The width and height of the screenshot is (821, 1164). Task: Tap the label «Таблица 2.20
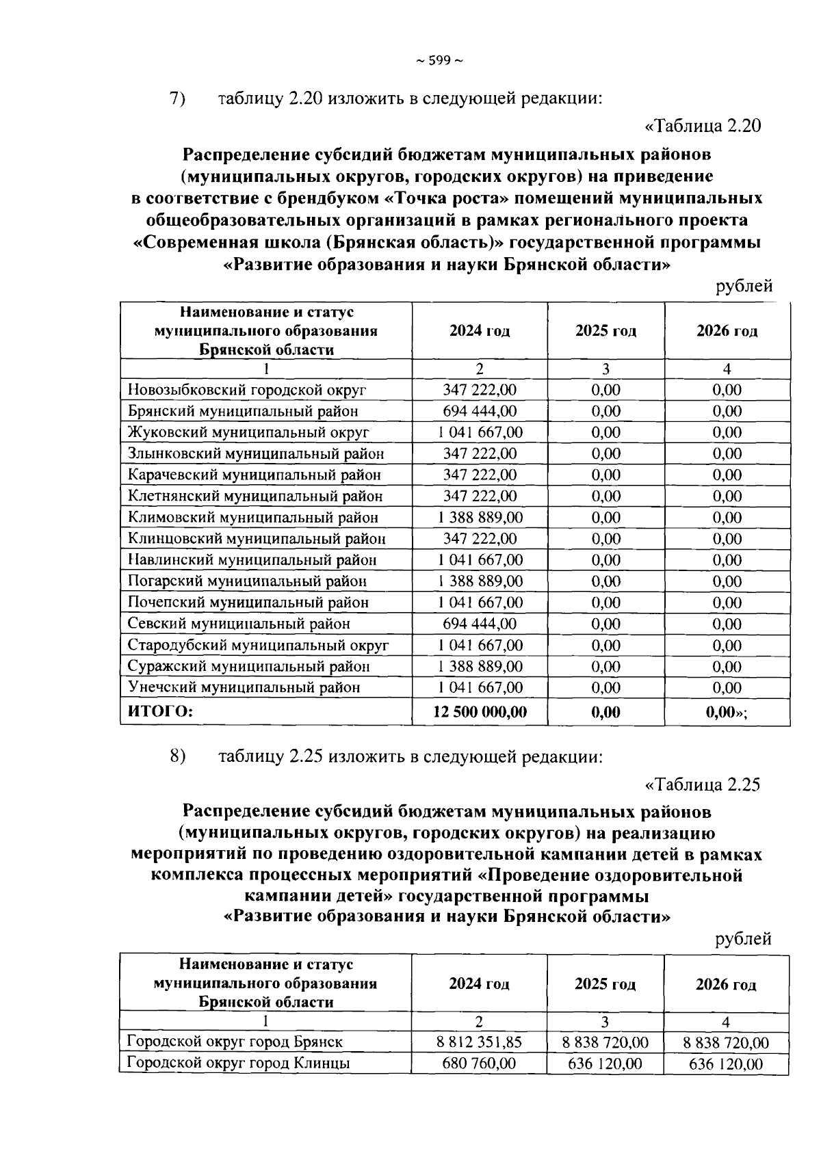[703, 127]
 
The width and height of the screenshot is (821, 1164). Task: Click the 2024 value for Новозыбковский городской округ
[480, 391]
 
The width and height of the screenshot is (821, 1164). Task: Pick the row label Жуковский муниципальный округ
[249, 433]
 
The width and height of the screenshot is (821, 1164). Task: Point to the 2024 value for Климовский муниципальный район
[480, 518]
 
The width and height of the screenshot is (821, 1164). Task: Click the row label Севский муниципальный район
[239, 624]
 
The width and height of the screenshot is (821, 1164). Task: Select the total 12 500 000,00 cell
[480, 712]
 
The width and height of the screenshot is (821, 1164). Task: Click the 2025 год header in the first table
[605, 332]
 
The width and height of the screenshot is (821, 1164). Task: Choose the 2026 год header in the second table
[726, 986]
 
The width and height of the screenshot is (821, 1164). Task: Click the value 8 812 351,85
[479, 1043]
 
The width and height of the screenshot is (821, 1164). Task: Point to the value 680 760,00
[479, 1064]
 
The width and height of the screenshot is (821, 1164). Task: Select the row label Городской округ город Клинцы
[239, 1064]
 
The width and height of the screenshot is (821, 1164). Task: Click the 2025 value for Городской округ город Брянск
[605, 1043]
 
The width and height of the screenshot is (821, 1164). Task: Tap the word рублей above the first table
[744, 287]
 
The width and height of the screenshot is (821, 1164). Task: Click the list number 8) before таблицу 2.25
[178, 757]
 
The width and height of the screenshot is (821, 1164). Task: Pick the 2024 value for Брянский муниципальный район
[480, 412]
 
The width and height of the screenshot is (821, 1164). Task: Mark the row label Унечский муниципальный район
[244, 688]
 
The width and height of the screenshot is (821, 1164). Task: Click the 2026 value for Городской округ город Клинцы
[726, 1065]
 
